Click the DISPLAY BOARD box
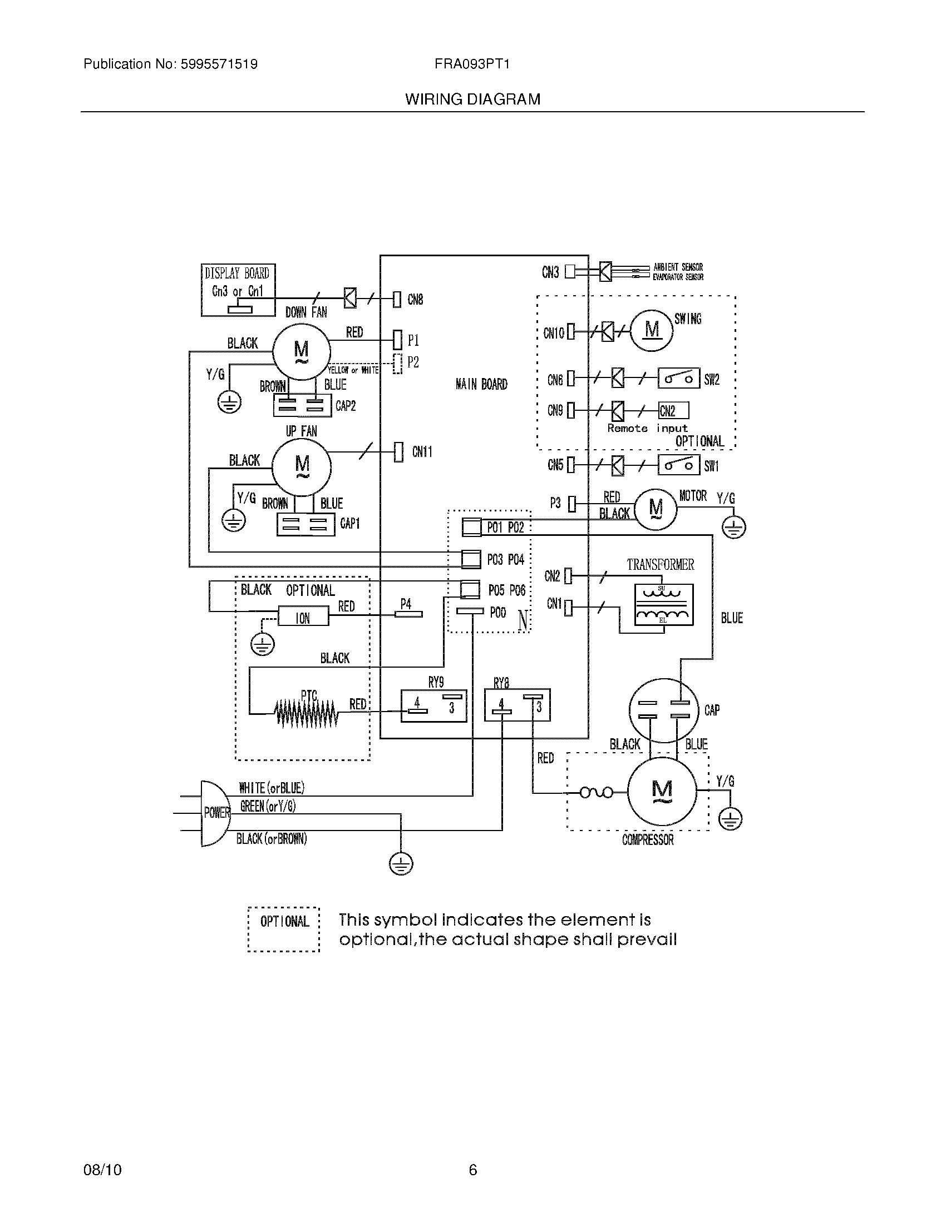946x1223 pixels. pyautogui.click(x=238, y=290)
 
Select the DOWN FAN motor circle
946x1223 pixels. pyautogui.click(x=301, y=351)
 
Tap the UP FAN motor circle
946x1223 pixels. pyautogui.click(x=302, y=466)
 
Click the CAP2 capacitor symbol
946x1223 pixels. pyautogui.click(x=303, y=405)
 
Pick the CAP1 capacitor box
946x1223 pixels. pyautogui.click(x=306, y=525)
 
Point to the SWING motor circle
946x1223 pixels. pyautogui.click(x=652, y=330)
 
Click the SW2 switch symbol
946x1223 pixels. pyautogui.click(x=678, y=379)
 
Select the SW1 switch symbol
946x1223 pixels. pyautogui.click(x=678, y=465)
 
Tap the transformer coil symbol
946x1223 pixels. pyautogui.click(x=663, y=605)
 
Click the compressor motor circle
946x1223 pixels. pyautogui.click(x=662, y=790)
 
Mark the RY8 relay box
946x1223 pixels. pyautogui.click(x=517, y=705)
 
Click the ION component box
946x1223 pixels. pyautogui.click(x=303, y=618)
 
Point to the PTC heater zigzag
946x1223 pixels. pyautogui.click(x=306, y=714)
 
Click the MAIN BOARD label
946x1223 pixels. pyautogui.click(x=481, y=384)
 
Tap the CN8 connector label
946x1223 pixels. pyautogui.click(x=415, y=300)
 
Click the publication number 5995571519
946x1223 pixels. pyautogui.click(x=219, y=64)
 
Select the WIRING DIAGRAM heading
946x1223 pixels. pyautogui.click(x=472, y=99)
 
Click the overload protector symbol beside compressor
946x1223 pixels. pyautogui.click(x=596, y=792)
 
